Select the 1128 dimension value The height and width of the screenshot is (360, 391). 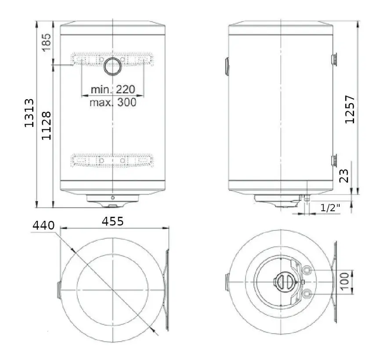[47, 126]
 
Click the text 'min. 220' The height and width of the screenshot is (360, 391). [112, 89]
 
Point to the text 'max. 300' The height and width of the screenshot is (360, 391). [112, 102]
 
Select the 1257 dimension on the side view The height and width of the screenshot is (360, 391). [349, 109]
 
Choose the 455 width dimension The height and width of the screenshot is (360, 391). [113, 221]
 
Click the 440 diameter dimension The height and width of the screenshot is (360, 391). [44, 226]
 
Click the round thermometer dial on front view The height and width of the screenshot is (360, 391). [113, 67]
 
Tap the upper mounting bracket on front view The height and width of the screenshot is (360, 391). [113, 60]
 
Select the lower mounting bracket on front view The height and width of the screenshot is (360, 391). [113, 161]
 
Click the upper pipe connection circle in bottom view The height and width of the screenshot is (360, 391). [308, 269]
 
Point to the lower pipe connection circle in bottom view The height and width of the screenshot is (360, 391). [308, 293]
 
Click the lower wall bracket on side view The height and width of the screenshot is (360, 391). [334, 160]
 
